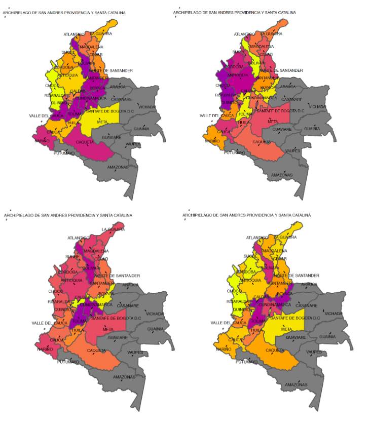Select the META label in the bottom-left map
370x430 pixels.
click(107, 329)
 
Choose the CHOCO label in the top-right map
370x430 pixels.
click(223, 85)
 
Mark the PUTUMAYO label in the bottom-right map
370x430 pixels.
click(245, 362)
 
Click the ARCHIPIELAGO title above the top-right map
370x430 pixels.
click(234, 12)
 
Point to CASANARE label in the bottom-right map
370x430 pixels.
click(306, 305)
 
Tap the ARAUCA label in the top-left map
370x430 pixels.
click(118, 87)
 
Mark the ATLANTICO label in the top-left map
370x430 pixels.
click(74, 34)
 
